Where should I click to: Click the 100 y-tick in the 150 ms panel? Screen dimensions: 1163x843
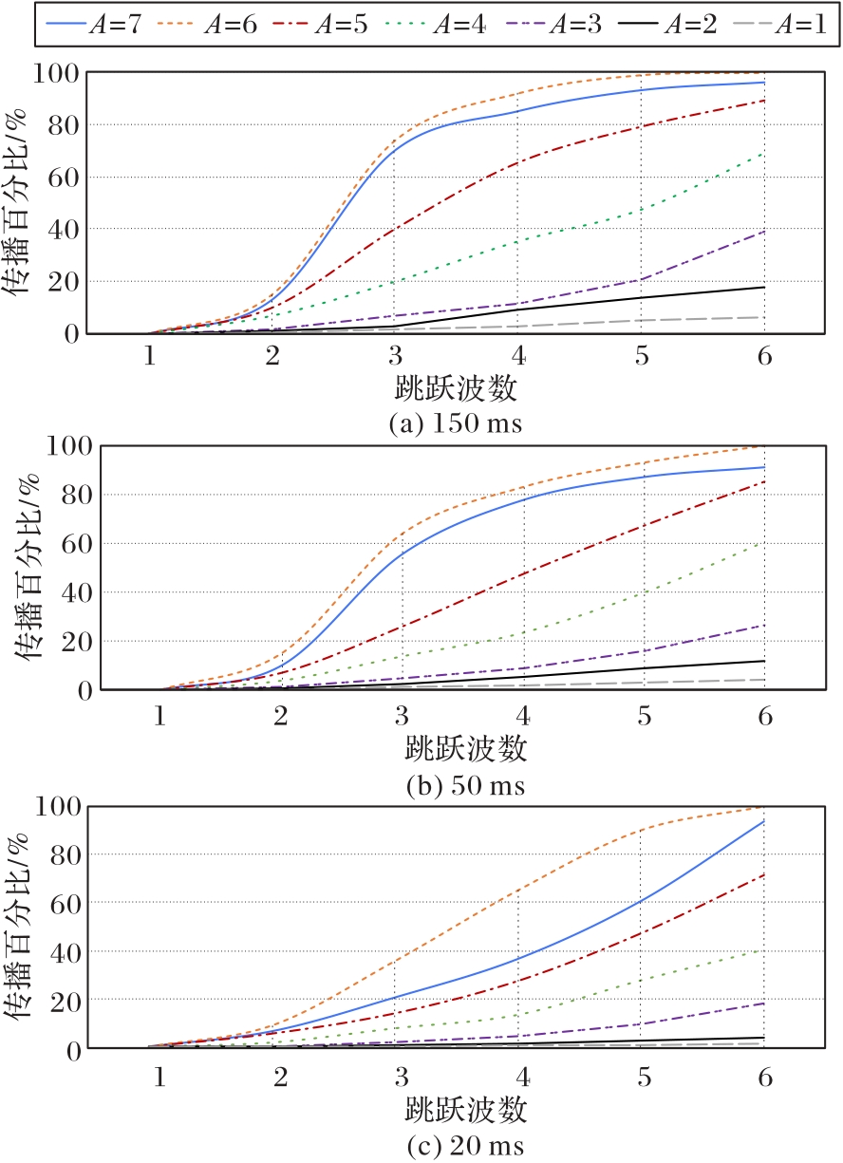58,72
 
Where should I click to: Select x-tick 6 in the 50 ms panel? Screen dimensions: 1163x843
764,715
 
